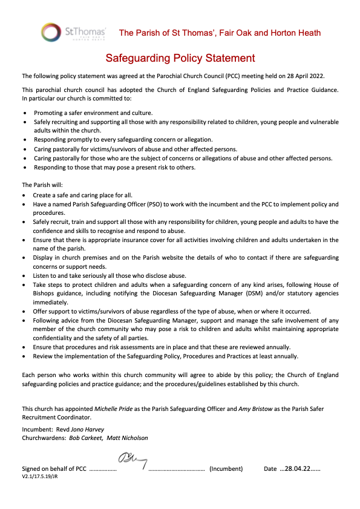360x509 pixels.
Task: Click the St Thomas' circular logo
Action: (51, 32)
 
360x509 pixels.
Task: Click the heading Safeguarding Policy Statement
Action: (180, 58)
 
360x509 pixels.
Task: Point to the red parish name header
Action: (220, 33)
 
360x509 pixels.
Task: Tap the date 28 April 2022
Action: (306, 76)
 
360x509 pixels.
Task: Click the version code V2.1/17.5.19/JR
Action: (40, 477)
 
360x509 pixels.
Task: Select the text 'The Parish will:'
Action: (42, 185)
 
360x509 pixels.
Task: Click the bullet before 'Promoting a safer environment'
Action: (24, 113)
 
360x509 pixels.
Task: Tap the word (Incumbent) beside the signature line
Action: (226, 469)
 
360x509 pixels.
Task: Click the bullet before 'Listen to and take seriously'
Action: (24, 275)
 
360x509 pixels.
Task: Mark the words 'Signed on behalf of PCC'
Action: (54, 469)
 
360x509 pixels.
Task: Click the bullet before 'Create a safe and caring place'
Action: (24, 195)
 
